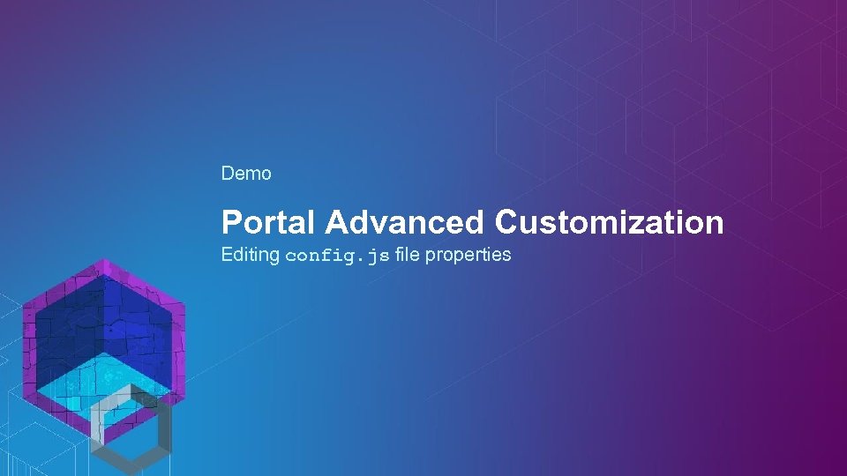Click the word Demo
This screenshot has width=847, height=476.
(246, 174)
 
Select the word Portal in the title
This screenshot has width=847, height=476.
(268, 222)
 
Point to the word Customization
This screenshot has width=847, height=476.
(609, 222)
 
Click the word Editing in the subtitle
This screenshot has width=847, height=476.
(250, 256)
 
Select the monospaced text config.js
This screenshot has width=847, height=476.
(337, 257)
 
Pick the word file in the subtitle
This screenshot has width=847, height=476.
(409, 255)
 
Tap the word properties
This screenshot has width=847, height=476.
(468, 256)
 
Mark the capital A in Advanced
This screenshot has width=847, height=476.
(335, 222)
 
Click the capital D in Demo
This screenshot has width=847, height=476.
(228, 174)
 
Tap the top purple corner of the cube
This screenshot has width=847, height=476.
(105, 265)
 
